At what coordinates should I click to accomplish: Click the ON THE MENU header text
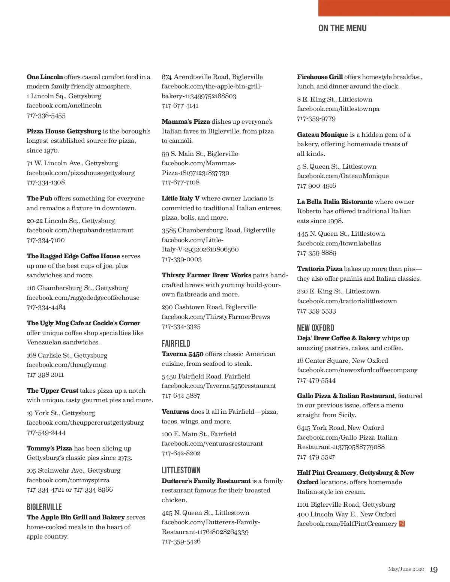(342, 28)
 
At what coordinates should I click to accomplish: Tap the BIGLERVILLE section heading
(44, 507)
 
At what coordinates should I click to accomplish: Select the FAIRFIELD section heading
(176, 344)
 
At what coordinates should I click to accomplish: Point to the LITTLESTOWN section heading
(181, 470)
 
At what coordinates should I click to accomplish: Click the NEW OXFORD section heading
(315, 328)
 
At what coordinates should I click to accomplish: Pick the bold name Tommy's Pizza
(49, 448)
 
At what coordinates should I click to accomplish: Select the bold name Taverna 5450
(183, 354)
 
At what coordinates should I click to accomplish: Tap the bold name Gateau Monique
(322, 135)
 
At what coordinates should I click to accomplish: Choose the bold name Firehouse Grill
(320, 77)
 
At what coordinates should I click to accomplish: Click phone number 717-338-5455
(46, 115)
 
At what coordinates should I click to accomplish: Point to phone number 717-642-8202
(181, 453)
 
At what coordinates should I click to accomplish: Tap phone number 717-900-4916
(316, 186)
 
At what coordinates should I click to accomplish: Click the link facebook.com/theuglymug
(66, 365)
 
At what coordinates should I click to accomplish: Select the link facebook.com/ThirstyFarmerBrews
(216, 317)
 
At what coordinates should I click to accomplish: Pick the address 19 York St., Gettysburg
(61, 413)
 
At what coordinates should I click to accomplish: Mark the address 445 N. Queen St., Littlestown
(341, 233)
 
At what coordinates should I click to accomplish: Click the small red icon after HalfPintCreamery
(402, 524)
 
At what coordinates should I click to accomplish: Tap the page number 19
(433, 570)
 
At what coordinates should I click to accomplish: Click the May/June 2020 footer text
(406, 569)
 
